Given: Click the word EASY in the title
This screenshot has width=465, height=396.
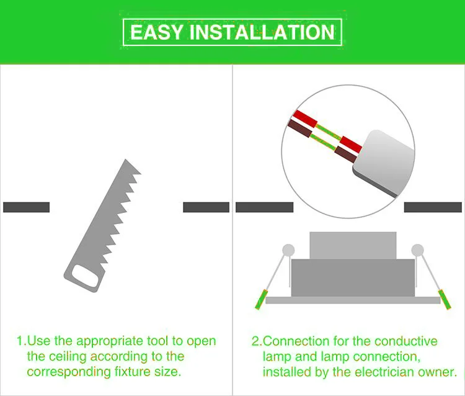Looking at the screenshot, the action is pyautogui.click(x=157, y=32).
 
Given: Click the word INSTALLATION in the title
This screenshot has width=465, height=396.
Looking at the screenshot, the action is pyautogui.click(x=262, y=32).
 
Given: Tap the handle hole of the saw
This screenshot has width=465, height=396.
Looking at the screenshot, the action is pyautogui.click(x=85, y=276).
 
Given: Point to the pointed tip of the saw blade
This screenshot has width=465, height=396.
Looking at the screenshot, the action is pyautogui.click(x=126, y=160).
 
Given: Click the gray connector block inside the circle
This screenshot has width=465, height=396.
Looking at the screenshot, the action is pyautogui.click(x=384, y=163).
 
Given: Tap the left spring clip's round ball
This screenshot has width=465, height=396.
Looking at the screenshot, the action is pyautogui.click(x=288, y=250).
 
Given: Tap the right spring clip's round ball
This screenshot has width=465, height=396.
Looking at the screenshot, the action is pyautogui.click(x=417, y=250).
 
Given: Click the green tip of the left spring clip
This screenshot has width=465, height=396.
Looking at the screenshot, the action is pyautogui.click(x=261, y=300).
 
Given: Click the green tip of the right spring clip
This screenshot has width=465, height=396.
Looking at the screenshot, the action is pyautogui.click(x=445, y=300).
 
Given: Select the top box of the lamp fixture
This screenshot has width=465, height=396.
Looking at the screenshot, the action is pyautogui.click(x=353, y=246).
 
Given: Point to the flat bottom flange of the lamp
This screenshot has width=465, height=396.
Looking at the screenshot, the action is pyautogui.click(x=353, y=300).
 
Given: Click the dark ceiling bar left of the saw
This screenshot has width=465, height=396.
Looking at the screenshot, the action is pyautogui.click(x=27, y=207).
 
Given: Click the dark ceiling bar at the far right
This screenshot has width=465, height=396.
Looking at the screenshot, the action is pyautogui.click(x=433, y=207).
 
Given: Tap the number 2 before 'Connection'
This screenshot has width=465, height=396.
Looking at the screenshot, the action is pyautogui.click(x=255, y=341).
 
